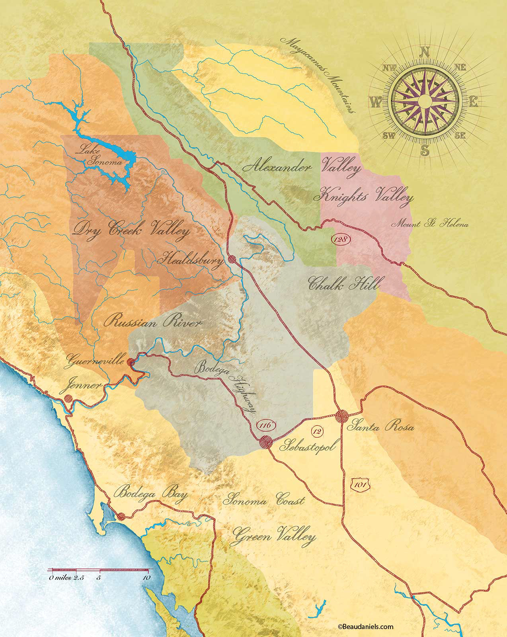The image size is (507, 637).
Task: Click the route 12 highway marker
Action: tap(317, 430)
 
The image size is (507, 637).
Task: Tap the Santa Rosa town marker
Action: tap(342, 416)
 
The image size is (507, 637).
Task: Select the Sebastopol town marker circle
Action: tap(265, 442)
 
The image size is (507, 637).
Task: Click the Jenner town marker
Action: tap(68, 398)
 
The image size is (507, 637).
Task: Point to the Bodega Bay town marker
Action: tap(122, 516)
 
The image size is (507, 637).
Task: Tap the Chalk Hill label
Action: tap(344, 284)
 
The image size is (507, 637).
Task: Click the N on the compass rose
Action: tap(425, 52)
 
